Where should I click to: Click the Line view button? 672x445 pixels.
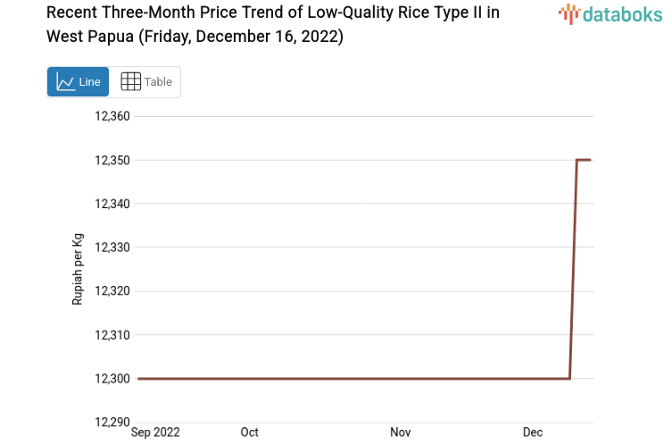coord(78,81)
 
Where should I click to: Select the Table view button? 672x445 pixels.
coord(145,81)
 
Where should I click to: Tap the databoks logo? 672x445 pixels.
coord(610,13)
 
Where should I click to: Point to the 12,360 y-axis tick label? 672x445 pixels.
coord(112,116)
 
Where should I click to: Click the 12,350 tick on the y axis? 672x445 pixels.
coord(112,160)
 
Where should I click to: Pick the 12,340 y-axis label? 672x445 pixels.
coord(112,204)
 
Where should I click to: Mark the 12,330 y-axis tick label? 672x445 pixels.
coord(112,248)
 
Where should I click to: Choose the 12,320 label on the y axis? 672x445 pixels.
coord(112,291)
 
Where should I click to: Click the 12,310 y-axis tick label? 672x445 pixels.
coord(112,335)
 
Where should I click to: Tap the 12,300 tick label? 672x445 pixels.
coord(112,379)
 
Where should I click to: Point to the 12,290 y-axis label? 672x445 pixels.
coord(112,422)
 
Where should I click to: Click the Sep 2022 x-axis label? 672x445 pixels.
coord(155,432)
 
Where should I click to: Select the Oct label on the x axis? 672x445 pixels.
coord(250,432)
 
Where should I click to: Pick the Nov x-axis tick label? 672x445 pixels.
coord(401,432)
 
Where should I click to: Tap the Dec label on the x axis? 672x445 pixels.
coord(533,432)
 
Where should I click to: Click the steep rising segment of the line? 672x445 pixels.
coord(573,268)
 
